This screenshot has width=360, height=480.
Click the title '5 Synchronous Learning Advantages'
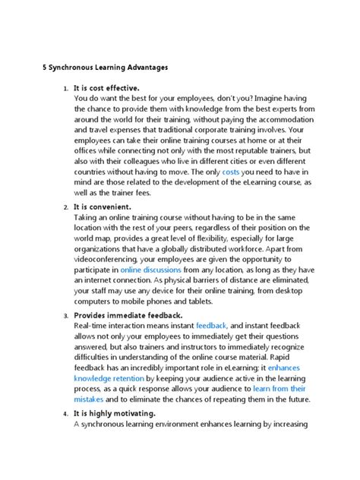coord(104,68)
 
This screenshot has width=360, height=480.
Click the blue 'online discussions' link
coord(156,269)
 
